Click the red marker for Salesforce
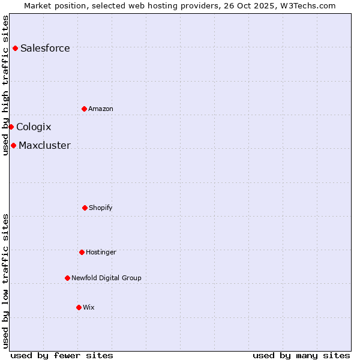(x=15, y=48)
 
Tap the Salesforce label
(x=45, y=49)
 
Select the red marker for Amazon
(x=84, y=109)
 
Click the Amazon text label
(x=101, y=109)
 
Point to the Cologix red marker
(x=11, y=127)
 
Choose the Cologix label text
(x=34, y=127)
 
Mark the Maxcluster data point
(x=13, y=145)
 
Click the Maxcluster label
(x=44, y=146)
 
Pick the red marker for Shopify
(x=85, y=208)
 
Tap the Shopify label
(x=101, y=208)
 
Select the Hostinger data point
(x=82, y=252)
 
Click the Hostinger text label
(x=101, y=253)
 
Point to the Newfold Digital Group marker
(x=67, y=278)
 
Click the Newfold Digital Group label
(x=106, y=278)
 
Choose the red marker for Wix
(x=79, y=307)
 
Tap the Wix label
(x=89, y=308)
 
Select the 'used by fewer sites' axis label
(x=62, y=355)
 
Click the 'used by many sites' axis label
(x=301, y=355)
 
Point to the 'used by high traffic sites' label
(x=5, y=85)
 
